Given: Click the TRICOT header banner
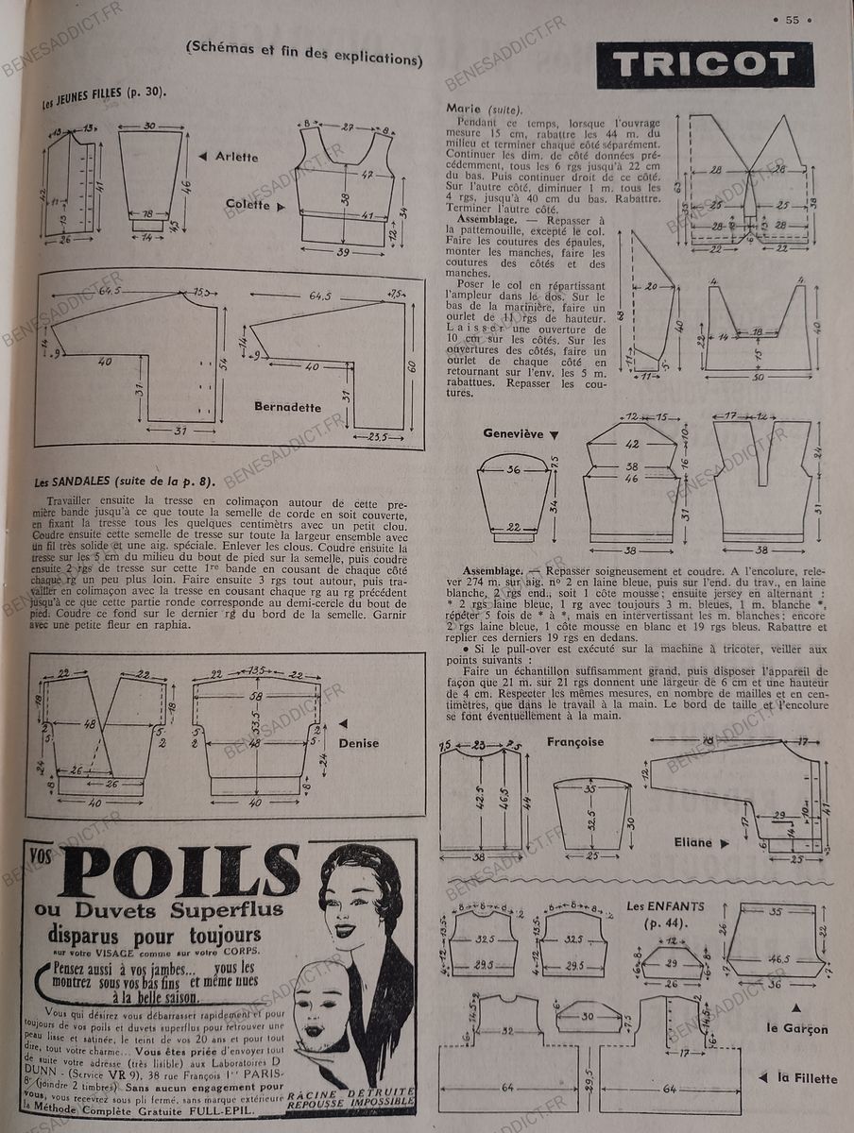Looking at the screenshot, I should point(705,64).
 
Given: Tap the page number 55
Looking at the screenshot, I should point(792,19).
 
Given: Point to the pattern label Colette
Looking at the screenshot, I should point(248,204).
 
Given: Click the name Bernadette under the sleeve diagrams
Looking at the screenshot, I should point(287,407).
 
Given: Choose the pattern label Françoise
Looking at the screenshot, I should point(574,742).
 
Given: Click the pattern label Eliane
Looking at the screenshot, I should point(693,841).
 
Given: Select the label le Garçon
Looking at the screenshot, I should point(797,1028).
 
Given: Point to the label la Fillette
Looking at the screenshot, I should point(807,1077).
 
